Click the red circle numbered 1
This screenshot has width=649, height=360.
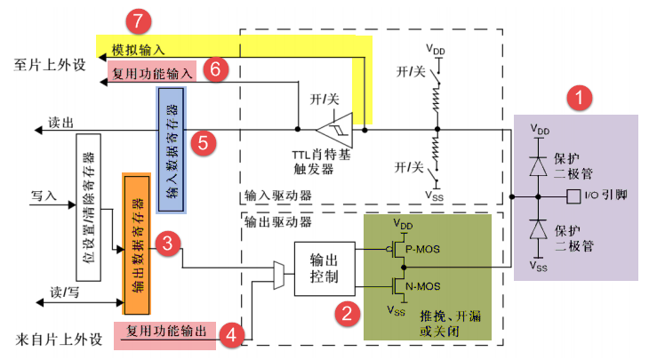click(581, 98)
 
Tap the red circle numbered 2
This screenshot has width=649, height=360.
click(345, 311)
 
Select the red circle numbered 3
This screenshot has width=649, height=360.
click(165, 243)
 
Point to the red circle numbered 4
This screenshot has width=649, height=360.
click(231, 334)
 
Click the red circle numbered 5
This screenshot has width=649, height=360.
click(203, 141)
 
